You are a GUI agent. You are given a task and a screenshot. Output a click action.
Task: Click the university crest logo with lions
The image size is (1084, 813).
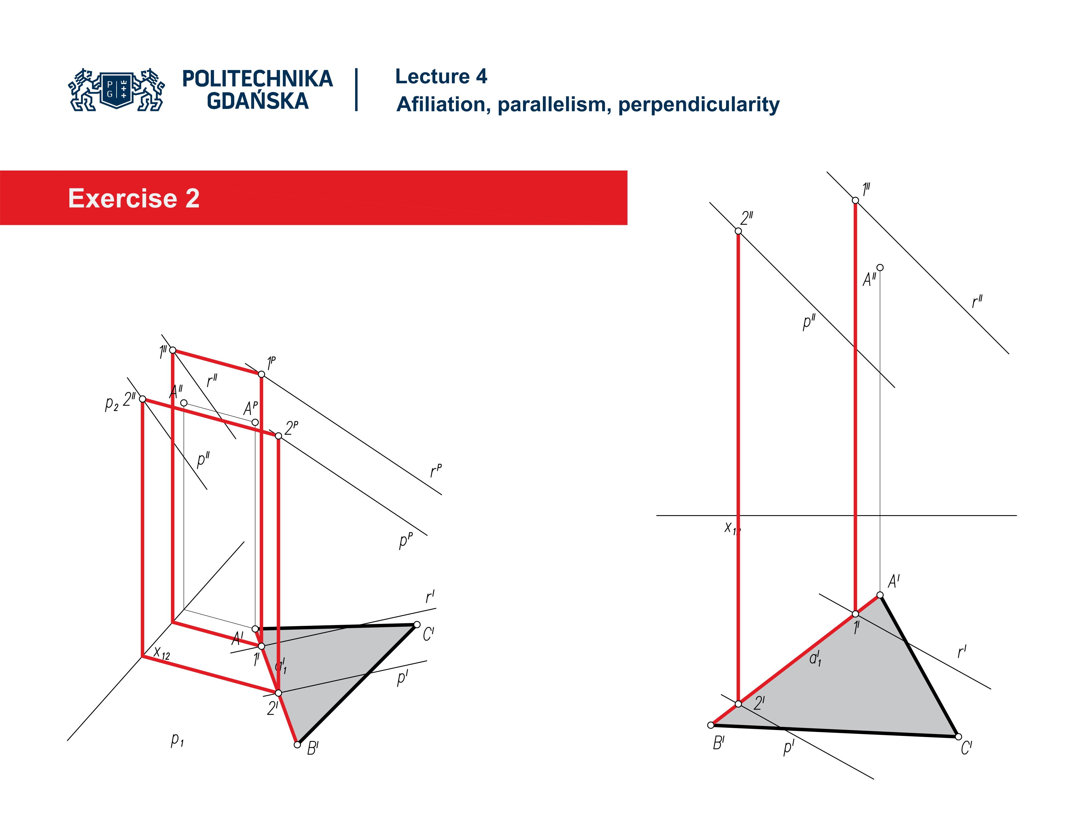click(117, 90)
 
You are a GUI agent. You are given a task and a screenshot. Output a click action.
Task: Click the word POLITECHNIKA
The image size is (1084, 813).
click(257, 79)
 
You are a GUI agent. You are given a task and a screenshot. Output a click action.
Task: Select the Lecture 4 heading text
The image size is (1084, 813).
click(441, 77)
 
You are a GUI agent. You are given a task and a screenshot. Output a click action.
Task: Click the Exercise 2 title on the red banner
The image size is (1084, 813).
click(134, 198)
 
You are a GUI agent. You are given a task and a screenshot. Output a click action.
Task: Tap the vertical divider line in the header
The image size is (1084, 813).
click(356, 90)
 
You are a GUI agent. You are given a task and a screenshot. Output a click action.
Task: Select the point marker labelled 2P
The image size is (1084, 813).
click(278, 436)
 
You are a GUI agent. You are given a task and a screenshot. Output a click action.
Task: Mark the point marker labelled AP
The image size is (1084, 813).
click(255, 422)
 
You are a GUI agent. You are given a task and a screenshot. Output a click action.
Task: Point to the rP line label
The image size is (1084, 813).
click(436, 471)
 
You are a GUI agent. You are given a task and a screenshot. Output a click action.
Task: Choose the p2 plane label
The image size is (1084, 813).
click(112, 404)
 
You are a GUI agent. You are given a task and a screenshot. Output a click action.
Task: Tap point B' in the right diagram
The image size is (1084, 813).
click(711, 725)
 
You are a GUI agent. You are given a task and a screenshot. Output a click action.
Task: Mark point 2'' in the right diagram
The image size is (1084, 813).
click(738, 231)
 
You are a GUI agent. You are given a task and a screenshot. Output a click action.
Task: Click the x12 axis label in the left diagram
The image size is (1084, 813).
click(162, 653)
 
